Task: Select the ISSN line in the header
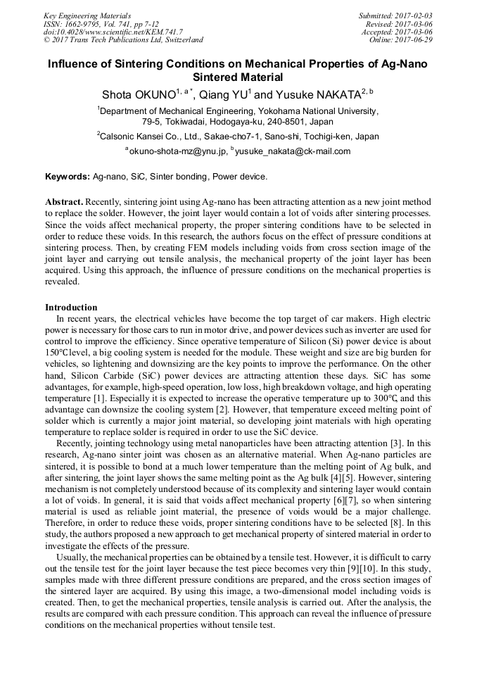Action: click(x=101, y=24)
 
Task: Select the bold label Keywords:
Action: click(x=68, y=176)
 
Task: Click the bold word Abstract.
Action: click(x=65, y=201)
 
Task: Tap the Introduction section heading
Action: click(x=71, y=308)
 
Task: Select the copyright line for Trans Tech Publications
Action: click(x=123, y=40)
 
